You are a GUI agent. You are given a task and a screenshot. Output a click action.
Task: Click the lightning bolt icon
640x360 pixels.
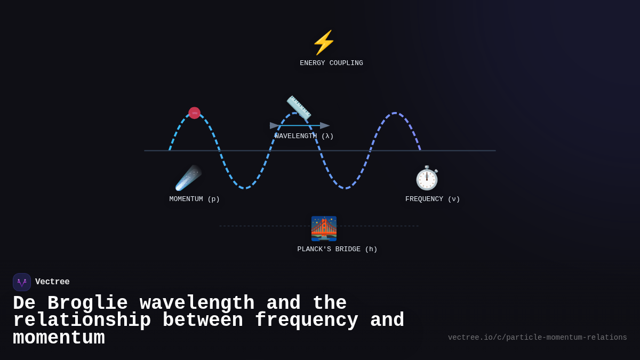click(324, 43)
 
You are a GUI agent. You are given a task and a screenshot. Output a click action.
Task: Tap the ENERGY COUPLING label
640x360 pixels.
click(331, 63)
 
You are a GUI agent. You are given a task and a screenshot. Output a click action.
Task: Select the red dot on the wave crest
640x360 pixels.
click(194, 113)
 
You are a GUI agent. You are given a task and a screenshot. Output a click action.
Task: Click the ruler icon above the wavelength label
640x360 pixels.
click(299, 108)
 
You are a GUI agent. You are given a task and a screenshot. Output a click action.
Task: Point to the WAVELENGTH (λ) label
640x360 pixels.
click(304, 137)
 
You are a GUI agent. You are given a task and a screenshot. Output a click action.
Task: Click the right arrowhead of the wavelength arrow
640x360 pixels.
click(325, 126)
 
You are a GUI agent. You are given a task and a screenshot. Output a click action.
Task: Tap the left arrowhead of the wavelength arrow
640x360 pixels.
click(275, 126)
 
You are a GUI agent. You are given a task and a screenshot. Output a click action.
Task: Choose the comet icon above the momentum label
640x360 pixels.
click(188, 178)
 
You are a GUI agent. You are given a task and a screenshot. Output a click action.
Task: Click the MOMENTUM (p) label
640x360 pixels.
click(195, 199)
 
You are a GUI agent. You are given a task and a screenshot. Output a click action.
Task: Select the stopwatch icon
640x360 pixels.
click(427, 178)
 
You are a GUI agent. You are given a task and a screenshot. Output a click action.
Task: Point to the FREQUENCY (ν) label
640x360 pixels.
click(433, 199)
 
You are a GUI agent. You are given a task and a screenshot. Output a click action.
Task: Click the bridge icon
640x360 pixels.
click(324, 228)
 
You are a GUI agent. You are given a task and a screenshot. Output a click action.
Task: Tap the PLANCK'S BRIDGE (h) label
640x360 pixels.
click(337, 250)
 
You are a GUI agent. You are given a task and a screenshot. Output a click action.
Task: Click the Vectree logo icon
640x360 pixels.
click(22, 282)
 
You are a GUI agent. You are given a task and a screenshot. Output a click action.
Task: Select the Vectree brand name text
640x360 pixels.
click(52, 282)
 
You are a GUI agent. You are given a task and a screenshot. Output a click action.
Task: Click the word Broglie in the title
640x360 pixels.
click(87, 303)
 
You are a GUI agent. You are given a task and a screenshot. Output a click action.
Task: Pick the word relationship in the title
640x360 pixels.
click(82, 321)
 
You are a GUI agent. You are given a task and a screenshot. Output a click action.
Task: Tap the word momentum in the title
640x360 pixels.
click(59, 338)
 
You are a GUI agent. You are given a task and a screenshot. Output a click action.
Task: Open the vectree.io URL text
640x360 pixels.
click(537, 338)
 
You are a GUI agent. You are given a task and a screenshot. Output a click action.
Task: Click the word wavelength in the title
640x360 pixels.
click(197, 303)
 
